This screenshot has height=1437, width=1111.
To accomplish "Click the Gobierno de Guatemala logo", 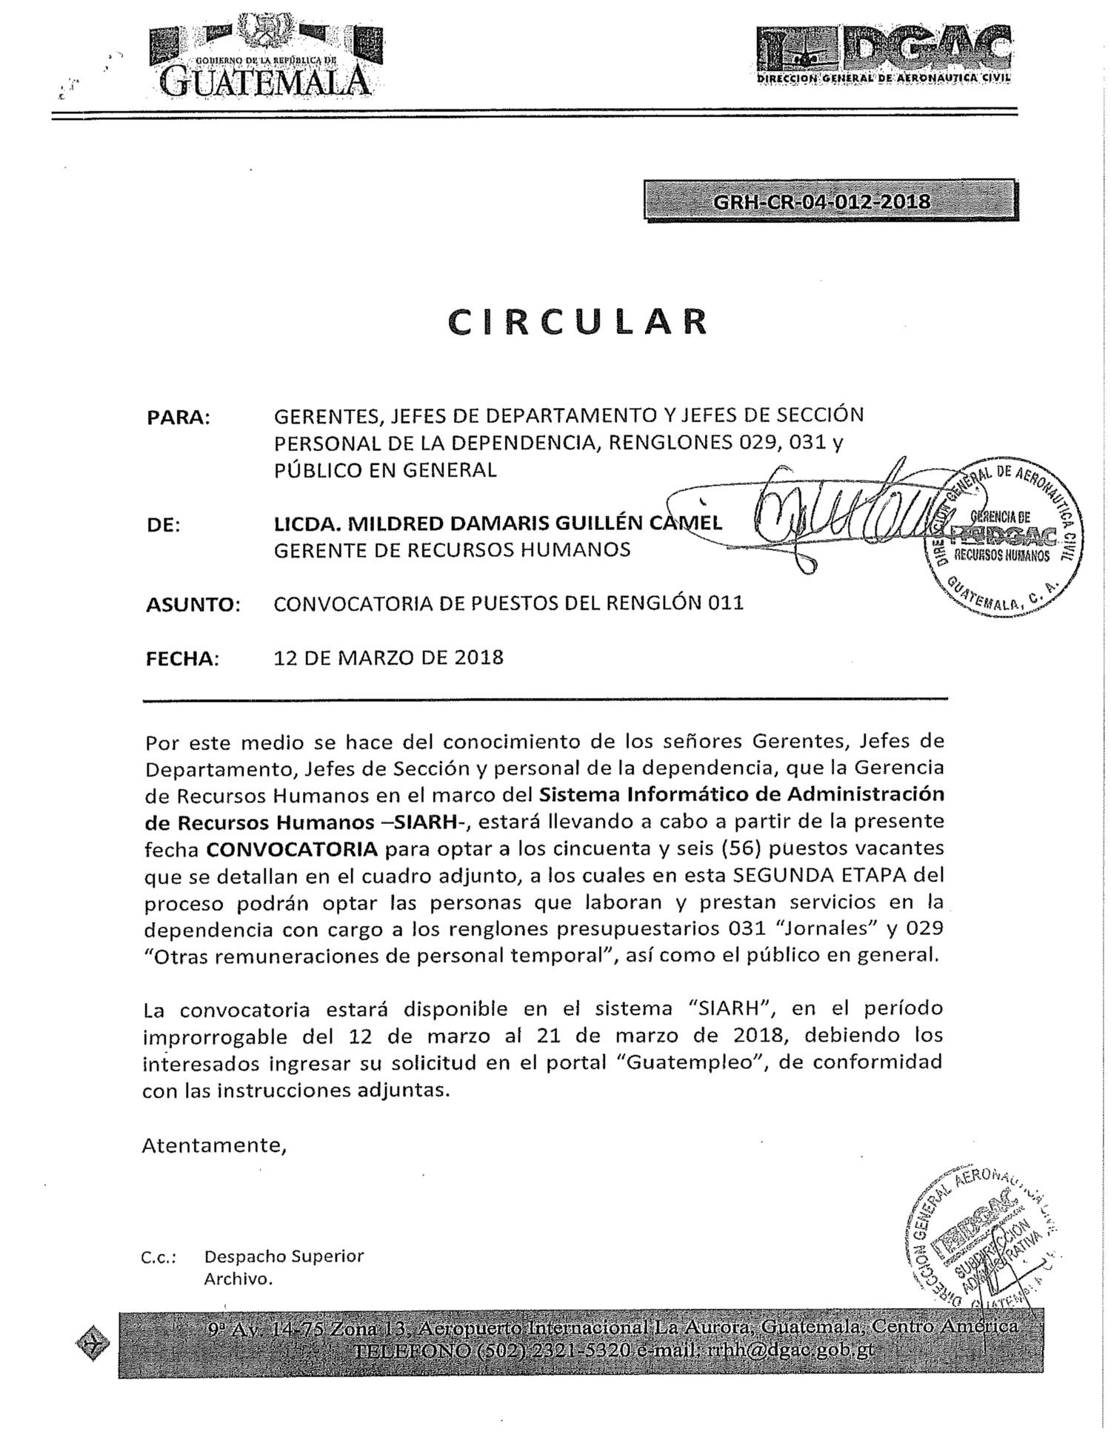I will (x=265, y=56).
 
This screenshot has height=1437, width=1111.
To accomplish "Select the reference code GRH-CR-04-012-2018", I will (x=821, y=201).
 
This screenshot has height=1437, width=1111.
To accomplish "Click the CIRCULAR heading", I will (x=578, y=321).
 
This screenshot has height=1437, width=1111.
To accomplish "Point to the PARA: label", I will (x=179, y=417).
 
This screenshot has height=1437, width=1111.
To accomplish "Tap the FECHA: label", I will (x=182, y=659).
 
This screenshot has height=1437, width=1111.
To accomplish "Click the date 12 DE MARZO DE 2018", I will (x=388, y=657).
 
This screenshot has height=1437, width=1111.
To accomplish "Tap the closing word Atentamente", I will (x=213, y=1145).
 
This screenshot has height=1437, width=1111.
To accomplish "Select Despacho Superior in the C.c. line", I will (x=284, y=1256).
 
